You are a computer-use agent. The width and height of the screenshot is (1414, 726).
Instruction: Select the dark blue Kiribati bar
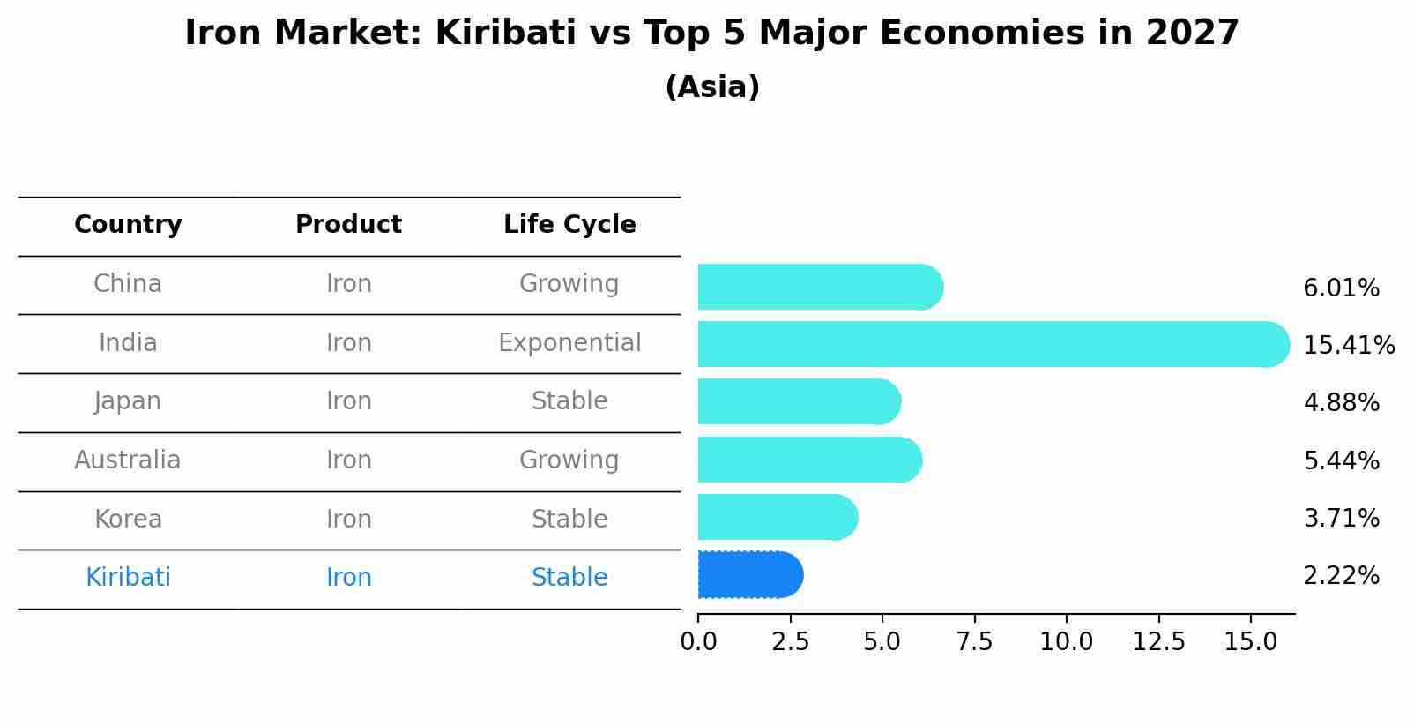click(x=749, y=575)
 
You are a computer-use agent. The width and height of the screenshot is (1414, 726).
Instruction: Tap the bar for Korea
click(x=777, y=518)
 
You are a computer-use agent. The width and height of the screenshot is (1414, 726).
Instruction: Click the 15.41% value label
click(x=1348, y=345)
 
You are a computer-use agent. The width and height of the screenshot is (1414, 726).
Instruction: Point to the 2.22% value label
click(x=1341, y=576)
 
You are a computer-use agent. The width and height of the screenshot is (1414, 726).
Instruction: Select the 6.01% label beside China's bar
click(x=1341, y=288)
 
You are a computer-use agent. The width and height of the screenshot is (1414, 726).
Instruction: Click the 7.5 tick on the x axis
click(x=974, y=642)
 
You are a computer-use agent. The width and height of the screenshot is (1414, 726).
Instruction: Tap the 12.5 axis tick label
click(x=1158, y=642)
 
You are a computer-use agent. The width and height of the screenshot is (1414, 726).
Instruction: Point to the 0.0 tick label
click(x=698, y=642)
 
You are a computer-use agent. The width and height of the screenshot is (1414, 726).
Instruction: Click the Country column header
click(x=128, y=225)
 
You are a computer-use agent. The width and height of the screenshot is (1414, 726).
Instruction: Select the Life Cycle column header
click(x=569, y=225)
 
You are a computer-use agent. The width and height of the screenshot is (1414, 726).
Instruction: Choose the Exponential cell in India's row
click(x=569, y=343)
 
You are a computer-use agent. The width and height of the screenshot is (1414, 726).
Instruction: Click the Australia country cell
click(x=128, y=460)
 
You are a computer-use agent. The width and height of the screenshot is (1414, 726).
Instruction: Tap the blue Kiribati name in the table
click(x=128, y=578)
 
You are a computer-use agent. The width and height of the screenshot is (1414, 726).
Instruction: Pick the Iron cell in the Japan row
click(x=349, y=401)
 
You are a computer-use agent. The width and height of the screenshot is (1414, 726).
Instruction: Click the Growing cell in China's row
click(x=569, y=284)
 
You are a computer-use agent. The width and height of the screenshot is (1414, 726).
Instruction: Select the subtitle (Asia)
click(x=712, y=87)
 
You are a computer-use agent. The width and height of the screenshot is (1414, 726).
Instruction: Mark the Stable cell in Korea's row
click(x=569, y=520)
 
